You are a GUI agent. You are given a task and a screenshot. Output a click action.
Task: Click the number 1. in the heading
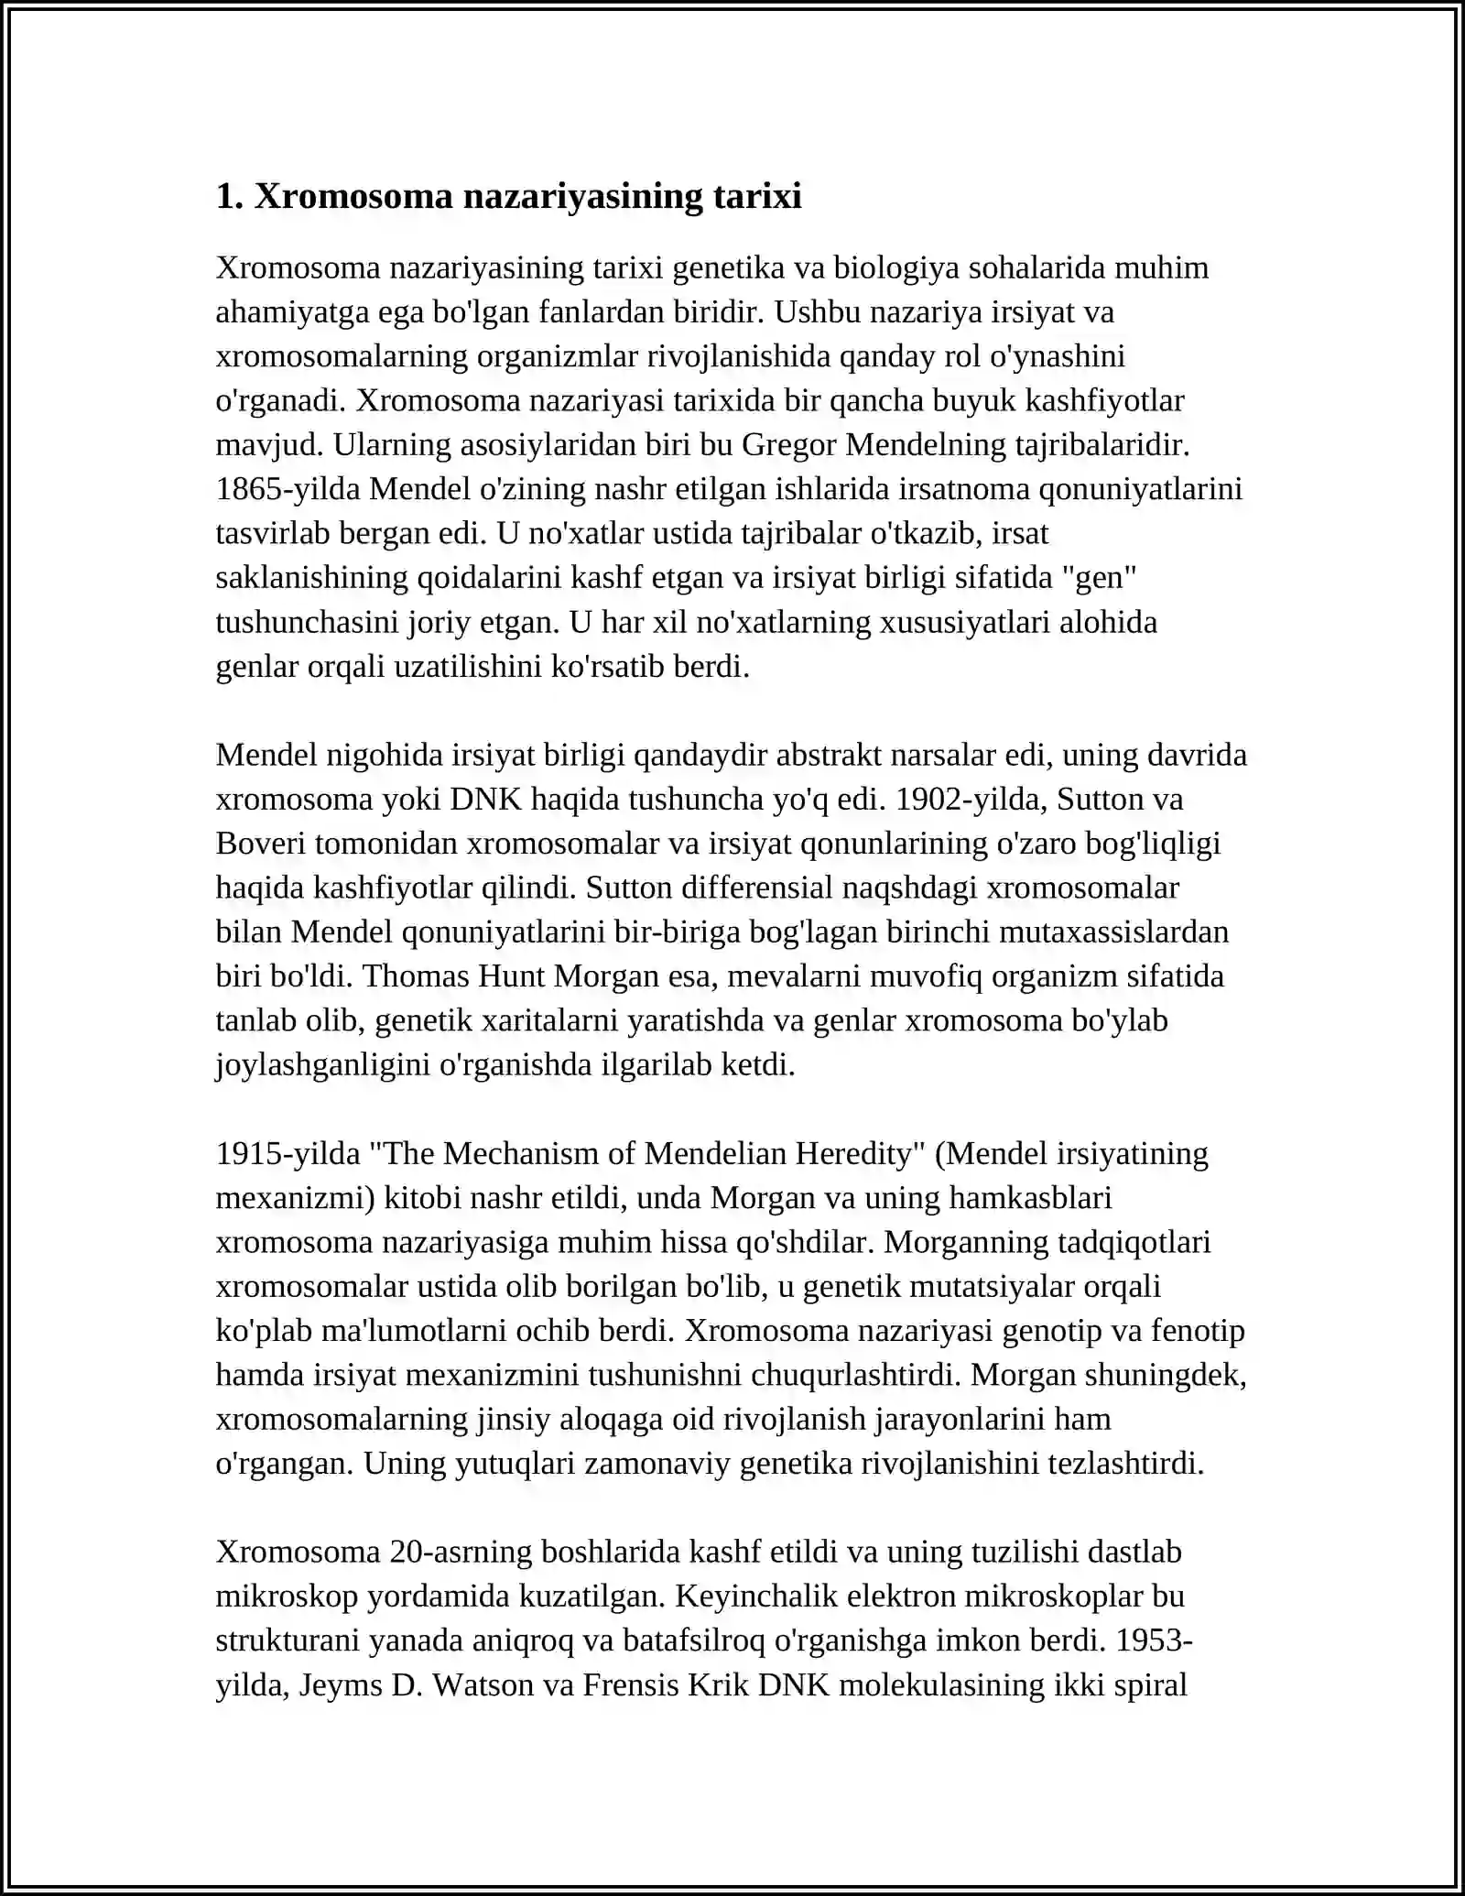tap(229, 197)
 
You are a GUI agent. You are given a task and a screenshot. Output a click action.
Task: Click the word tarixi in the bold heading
tap(756, 197)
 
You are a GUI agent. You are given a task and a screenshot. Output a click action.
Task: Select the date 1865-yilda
tap(288, 489)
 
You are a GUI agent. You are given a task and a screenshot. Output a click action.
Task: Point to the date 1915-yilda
tap(288, 1153)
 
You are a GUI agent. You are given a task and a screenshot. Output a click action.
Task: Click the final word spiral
tap(1149, 1685)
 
